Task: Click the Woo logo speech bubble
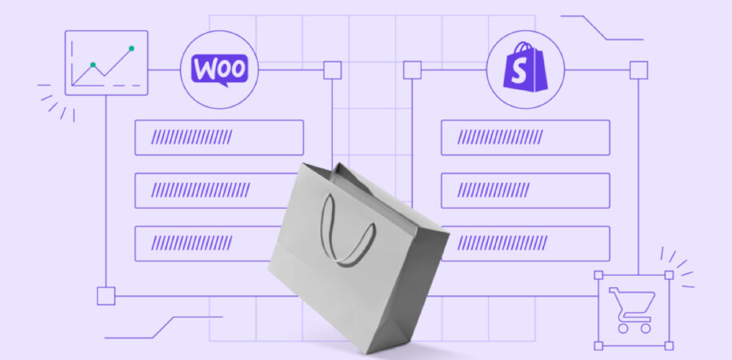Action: coord(219,70)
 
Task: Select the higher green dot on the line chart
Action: coord(132,48)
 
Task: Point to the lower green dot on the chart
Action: coord(93,65)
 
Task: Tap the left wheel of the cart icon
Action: coord(622,328)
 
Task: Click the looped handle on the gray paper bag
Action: coord(346,230)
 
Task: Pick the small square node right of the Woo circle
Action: coord(332,70)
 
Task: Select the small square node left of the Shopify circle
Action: coord(412,70)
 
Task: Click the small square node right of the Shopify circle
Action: coord(638,70)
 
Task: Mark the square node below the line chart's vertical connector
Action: coord(106,296)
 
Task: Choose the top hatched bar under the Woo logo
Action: coord(219,138)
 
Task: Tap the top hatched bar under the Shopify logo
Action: coord(525,138)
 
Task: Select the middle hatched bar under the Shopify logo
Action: coord(525,190)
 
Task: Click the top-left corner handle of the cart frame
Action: coord(598,275)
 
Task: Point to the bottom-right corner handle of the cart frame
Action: coord(669,346)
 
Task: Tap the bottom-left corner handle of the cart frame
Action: coord(598,346)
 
